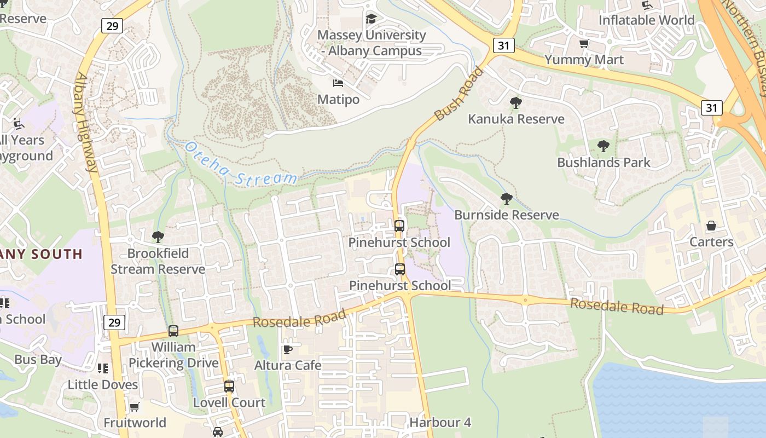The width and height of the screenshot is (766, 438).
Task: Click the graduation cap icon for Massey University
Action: (372, 19)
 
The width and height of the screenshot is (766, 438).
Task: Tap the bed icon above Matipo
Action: (338, 83)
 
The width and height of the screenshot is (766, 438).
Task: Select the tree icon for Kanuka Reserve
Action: (515, 102)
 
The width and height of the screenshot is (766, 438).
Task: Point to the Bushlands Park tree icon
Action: (603, 146)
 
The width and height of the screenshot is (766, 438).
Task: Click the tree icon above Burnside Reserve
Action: (507, 199)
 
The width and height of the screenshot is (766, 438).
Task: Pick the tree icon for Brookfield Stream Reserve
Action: (158, 237)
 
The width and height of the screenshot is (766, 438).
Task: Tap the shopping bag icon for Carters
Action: (711, 226)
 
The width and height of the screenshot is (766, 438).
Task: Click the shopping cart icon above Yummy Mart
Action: (584, 44)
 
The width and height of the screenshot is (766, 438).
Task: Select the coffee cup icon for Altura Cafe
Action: (288, 349)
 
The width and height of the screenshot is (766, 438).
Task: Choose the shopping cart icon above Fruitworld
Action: (134, 407)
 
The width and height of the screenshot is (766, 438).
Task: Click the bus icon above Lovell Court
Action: (229, 387)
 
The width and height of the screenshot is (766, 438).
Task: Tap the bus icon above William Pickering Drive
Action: (173, 331)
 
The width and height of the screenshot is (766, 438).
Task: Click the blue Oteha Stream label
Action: (241, 164)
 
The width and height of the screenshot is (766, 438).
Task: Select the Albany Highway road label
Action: (86, 122)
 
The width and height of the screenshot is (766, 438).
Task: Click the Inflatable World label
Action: (646, 20)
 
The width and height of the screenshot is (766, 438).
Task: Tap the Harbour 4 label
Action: (440, 423)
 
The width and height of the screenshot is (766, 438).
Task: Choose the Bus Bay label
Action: (38, 360)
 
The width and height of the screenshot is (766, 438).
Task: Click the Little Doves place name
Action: (103, 385)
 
